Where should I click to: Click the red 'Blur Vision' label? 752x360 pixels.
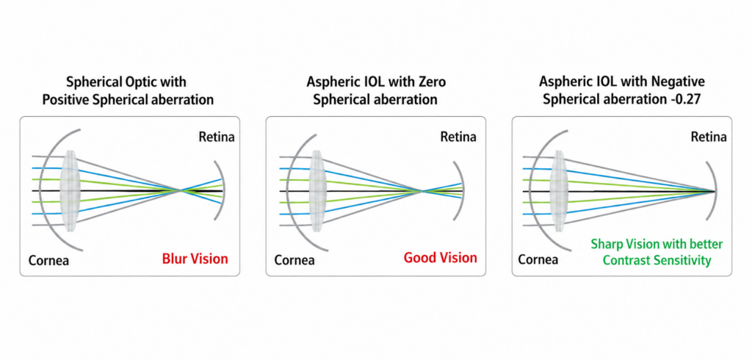pyautogui.click(x=195, y=259)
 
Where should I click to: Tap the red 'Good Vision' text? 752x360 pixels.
pyautogui.click(x=441, y=258)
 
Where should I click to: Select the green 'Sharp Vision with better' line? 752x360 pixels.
pyautogui.click(x=657, y=245)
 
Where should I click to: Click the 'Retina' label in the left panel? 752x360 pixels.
pyautogui.click(x=217, y=137)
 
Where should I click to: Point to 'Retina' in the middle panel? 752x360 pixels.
pyautogui.click(x=458, y=137)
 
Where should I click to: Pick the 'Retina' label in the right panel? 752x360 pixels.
pyautogui.click(x=709, y=137)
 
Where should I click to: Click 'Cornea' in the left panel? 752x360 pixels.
pyautogui.click(x=49, y=261)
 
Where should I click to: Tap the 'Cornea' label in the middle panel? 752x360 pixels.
pyautogui.click(x=294, y=261)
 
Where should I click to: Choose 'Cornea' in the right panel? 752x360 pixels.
pyautogui.click(x=538, y=260)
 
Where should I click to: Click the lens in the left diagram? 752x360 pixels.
pyautogui.click(x=70, y=190)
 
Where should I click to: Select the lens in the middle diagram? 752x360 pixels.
pyautogui.click(x=317, y=190)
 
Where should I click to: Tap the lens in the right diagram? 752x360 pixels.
pyautogui.click(x=559, y=190)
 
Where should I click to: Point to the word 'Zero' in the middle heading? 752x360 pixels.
pyautogui.click(x=432, y=82)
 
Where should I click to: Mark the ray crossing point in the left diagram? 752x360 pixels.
pyautogui.click(x=181, y=190)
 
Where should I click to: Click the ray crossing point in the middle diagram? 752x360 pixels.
pyautogui.click(x=422, y=192)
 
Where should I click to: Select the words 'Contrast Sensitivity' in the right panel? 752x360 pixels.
pyautogui.click(x=657, y=261)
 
